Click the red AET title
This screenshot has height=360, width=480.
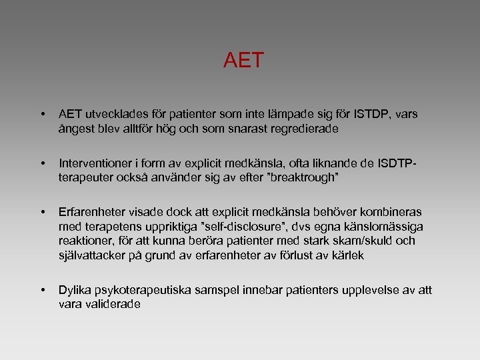click(x=243, y=61)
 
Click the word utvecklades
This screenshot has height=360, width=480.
click(x=117, y=115)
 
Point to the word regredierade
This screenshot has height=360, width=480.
click(x=303, y=129)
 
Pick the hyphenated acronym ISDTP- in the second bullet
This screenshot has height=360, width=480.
click(x=399, y=164)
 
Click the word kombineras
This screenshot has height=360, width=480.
click(x=393, y=213)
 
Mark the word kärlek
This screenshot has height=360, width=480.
click(x=346, y=256)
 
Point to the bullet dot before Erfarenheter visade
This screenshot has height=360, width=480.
click(x=43, y=213)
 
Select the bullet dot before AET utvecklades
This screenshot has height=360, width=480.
click(x=43, y=115)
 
